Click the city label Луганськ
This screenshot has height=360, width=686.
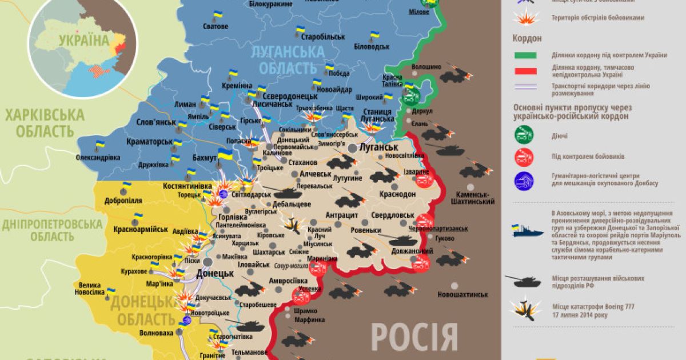tap(378, 147)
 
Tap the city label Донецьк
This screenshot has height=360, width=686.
tap(215, 273)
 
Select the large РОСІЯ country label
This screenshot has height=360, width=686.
tap(414, 337)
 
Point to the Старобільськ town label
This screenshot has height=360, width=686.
tap(324, 37)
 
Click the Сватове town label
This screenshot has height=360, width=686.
tap(216, 26)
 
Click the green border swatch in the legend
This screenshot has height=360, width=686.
tap(525, 55)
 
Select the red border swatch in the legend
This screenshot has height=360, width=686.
tap(525, 71)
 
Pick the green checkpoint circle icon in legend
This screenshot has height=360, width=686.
tap(524, 135)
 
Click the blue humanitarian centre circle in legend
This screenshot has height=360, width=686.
tap(524, 181)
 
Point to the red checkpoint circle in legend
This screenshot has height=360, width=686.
tap(524, 157)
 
